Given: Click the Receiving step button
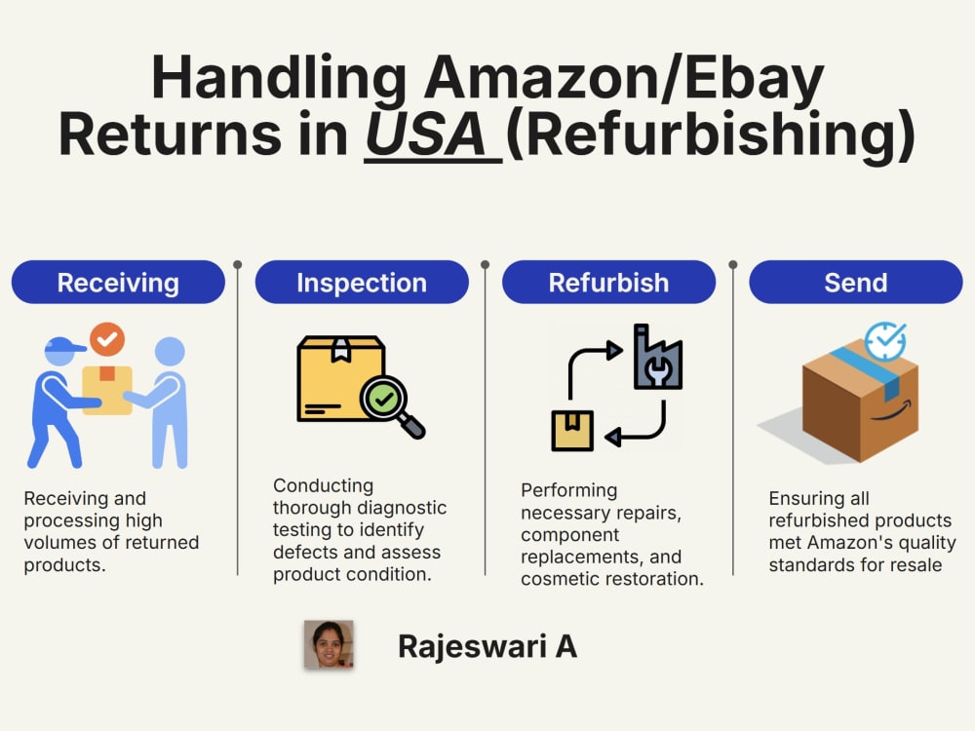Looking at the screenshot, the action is [x=118, y=283].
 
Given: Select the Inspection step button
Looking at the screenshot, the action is [x=362, y=283].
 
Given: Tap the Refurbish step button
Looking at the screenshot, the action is [x=608, y=283].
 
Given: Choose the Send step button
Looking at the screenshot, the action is [x=856, y=283].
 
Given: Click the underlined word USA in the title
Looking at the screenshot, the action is [x=426, y=135].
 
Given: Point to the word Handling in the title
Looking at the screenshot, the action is [x=279, y=79].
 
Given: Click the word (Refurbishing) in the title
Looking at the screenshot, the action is [x=711, y=135].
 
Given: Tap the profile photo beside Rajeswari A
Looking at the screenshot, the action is [x=329, y=644].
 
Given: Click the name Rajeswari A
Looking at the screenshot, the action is [x=487, y=646].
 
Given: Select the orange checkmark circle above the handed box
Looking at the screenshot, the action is [x=107, y=339].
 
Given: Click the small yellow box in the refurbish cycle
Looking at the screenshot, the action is [x=572, y=431].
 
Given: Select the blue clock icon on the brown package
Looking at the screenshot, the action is [x=885, y=340].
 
